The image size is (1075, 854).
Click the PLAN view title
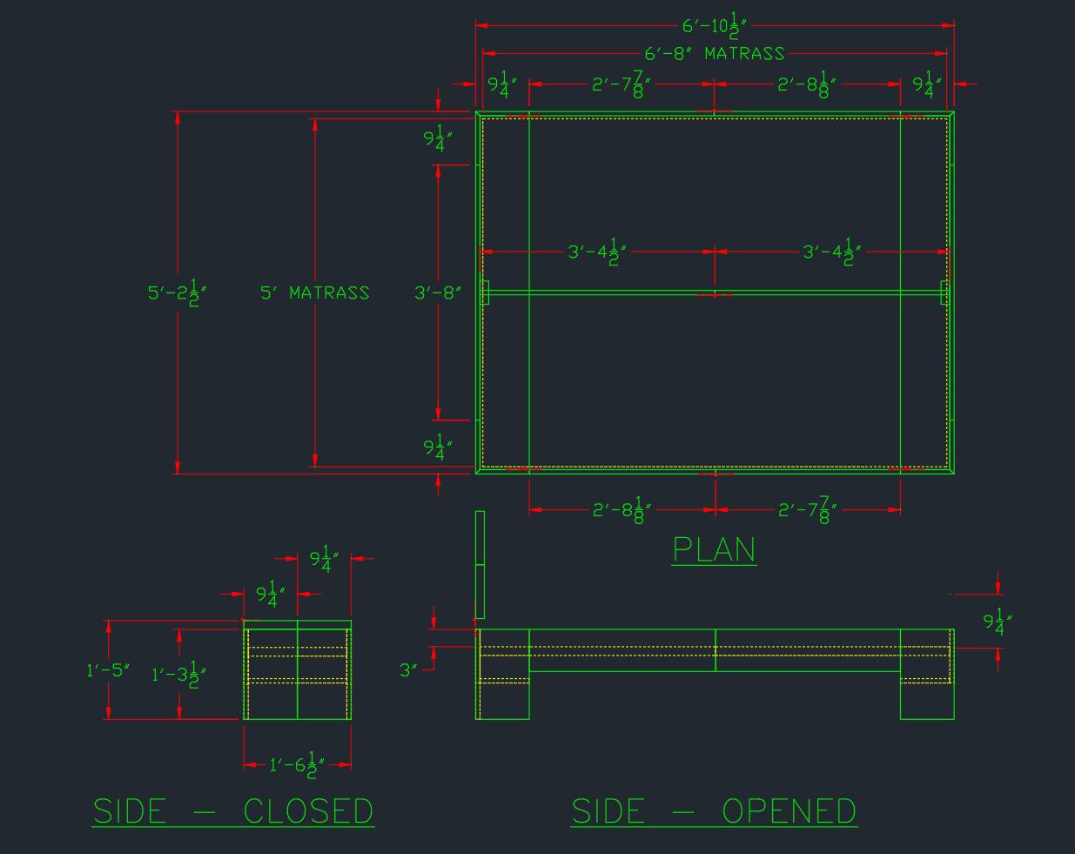(714, 549)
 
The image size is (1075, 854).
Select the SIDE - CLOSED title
(233, 810)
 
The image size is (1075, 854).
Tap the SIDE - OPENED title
(714, 810)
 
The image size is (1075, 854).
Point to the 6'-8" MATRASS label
(715, 54)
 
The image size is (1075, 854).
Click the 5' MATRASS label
(315, 293)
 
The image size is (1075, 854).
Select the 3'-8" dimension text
(437, 293)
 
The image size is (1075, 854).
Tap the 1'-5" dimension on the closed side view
(108, 669)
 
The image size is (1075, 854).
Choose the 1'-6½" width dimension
(297, 765)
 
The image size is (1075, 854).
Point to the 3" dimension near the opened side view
(409, 669)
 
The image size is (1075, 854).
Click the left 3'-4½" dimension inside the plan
(597, 252)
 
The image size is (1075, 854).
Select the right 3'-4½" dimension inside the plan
(831, 252)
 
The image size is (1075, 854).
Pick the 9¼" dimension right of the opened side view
(998, 622)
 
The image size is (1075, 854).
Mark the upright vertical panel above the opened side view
(480, 564)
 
